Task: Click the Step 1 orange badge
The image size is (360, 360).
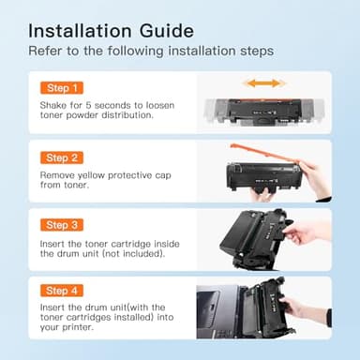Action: [x=62, y=87]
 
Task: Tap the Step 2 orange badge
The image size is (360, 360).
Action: [x=62, y=157]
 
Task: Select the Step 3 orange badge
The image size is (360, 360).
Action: [x=62, y=225]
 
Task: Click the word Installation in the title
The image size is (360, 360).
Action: [x=83, y=28]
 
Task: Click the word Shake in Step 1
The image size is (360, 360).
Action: [x=53, y=105]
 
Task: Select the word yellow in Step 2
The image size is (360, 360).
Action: [x=99, y=175]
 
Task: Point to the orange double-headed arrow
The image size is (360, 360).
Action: [x=263, y=83]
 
